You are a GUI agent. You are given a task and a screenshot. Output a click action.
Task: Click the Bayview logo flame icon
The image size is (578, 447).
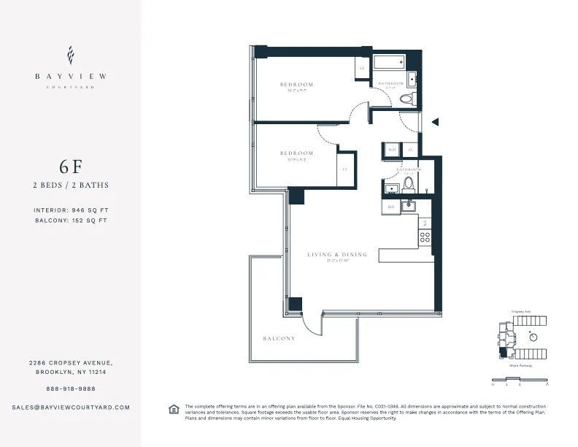[x=70, y=55]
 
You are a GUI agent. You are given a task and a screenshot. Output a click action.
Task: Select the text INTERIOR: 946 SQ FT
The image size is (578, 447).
[x=70, y=210]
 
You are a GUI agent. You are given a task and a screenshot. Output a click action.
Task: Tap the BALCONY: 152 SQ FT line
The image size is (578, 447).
[x=70, y=220]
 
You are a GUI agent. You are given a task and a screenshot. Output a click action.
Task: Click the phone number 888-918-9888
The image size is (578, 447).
[x=70, y=389]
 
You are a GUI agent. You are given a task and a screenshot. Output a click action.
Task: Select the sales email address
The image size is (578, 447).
[x=71, y=407]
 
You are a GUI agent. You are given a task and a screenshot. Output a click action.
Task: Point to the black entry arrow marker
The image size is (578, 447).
[x=435, y=123]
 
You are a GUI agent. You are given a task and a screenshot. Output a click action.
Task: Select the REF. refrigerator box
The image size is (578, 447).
[x=391, y=207]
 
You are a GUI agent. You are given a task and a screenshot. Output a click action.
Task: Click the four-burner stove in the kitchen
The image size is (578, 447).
[x=424, y=237]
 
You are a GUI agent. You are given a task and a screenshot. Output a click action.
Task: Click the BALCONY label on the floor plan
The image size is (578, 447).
[x=279, y=339]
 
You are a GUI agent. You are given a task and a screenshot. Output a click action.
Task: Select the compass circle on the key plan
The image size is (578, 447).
[x=533, y=337]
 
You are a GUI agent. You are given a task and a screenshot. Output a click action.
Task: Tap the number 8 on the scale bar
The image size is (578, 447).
[x=547, y=383]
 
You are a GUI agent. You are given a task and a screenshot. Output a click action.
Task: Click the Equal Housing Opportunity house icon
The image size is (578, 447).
[x=174, y=408]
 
